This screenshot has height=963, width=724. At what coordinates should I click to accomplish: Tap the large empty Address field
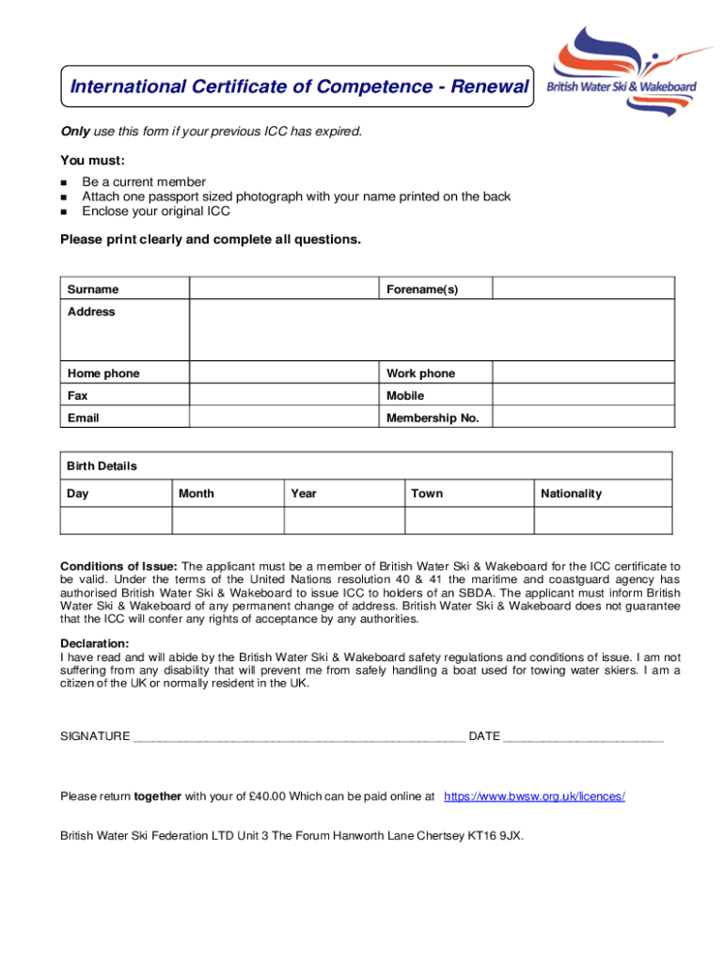coord(432,330)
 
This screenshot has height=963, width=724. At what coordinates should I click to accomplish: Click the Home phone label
coord(103,373)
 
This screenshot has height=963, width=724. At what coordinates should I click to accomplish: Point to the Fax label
coord(78,396)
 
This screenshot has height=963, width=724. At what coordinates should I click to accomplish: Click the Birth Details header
coord(102,466)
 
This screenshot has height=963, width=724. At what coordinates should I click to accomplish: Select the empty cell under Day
coord(116,520)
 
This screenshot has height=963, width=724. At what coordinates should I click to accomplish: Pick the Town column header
coord(427,494)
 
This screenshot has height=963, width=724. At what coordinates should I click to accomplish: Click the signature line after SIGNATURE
coord(299,737)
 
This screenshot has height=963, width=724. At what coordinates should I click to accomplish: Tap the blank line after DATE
coord(583,737)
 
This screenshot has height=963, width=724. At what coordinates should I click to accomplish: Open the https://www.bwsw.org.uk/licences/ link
coord(534,797)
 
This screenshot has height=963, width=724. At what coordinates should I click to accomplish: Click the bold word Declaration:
coord(95,643)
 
